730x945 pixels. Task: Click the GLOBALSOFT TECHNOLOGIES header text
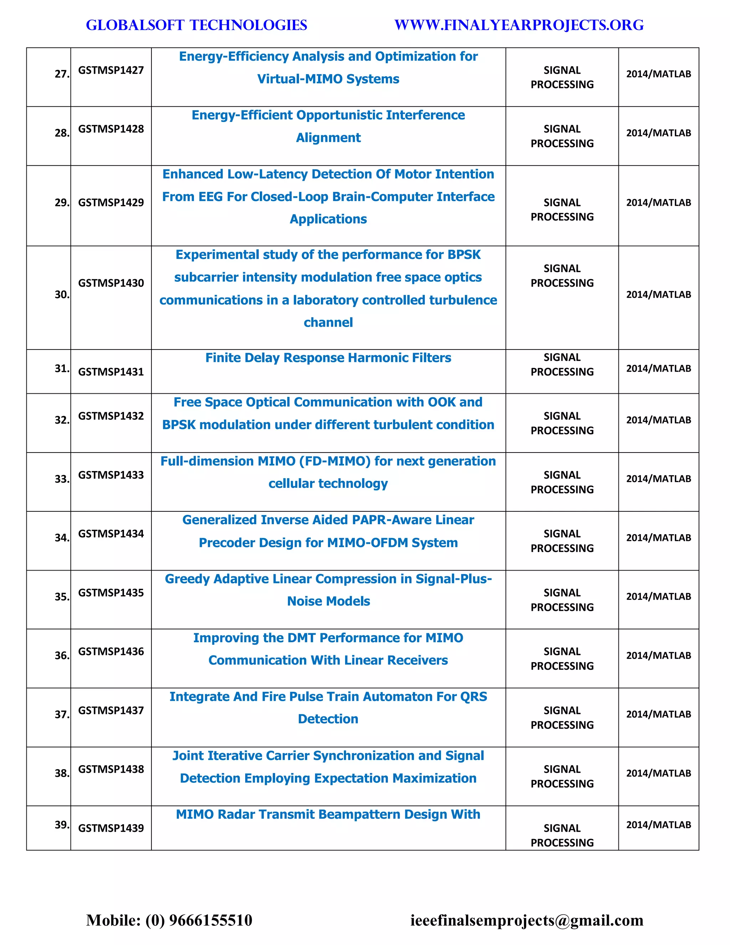(x=196, y=25)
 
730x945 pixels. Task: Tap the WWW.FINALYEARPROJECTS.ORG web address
(x=519, y=25)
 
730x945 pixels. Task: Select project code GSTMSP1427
(x=111, y=70)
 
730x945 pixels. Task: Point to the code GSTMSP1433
(x=111, y=475)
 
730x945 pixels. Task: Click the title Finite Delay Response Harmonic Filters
(x=328, y=358)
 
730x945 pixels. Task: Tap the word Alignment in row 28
(x=328, y=138)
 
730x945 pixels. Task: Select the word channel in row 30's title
(x=328, y=322)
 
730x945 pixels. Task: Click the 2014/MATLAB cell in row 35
(x=658, y=596)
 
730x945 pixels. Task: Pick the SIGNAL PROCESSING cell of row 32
(x=562, y=423)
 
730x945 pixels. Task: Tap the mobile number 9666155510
(x=210, y=920)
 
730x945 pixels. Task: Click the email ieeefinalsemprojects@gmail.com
(x=526, y=920)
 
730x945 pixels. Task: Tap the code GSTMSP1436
(x=111, y=651)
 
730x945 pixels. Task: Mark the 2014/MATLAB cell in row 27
(x=658, y=74)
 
